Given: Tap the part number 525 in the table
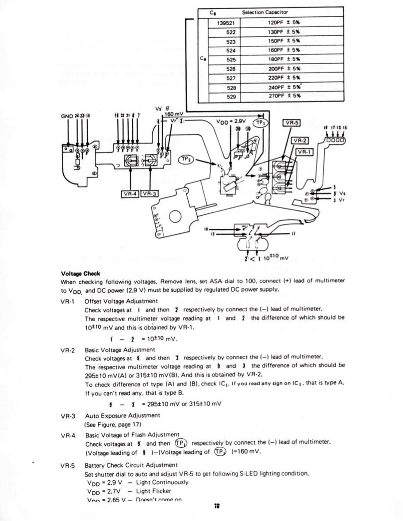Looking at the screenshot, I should point(230,59).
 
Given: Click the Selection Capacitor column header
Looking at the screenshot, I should point(265,12).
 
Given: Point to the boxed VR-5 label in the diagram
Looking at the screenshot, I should point(291,123).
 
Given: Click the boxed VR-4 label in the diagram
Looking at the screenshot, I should point(130,194).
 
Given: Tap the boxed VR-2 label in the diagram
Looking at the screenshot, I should point(299,141).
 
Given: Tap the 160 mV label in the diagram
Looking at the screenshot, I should point(173,113).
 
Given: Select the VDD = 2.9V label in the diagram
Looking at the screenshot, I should point(231,121).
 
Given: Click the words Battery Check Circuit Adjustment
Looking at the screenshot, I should point(131,465).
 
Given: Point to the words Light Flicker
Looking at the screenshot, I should point(154,491).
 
